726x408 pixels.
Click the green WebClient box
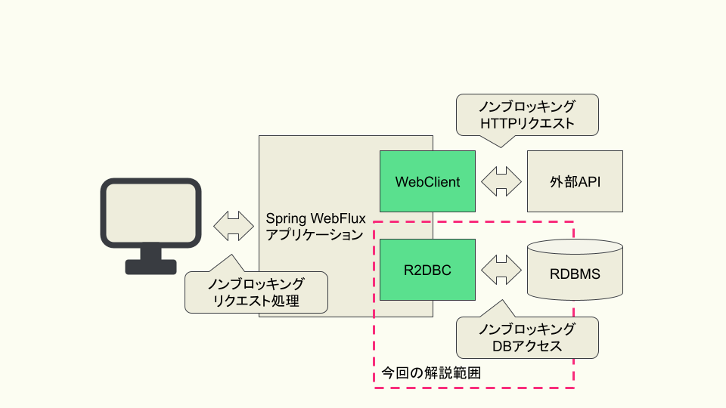pos(427,181)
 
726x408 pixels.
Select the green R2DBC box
pos(427,270)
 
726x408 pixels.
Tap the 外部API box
pos(575,181)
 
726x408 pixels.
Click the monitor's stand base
pos(151,267)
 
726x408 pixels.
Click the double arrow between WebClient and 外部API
pos(501,181)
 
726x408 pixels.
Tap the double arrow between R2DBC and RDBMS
pos(501,270)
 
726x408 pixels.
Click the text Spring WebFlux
pos(315,218)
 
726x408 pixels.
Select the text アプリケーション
pos(315,235)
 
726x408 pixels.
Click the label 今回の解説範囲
pos(431,372)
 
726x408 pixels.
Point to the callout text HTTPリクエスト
pos(527,122)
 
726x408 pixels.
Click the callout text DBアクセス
pos(527,346)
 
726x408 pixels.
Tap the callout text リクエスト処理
pos(256,301)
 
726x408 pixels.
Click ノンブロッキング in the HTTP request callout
pos(527,106)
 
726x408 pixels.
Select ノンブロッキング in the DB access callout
pos(527,329)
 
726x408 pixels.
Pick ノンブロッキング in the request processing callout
pos(256,284)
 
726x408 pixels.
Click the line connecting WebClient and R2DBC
pos(433,225)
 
